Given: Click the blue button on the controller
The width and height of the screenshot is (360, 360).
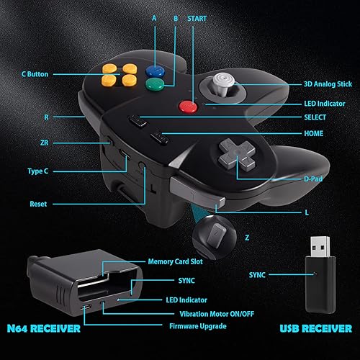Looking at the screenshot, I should pyautogui.click(x=153, y=71).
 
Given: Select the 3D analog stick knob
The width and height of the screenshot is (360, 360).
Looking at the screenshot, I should pyautogui.click(x=224, y=81).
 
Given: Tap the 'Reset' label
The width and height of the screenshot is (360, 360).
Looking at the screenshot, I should pyautogui.click(x=38, y=204).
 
